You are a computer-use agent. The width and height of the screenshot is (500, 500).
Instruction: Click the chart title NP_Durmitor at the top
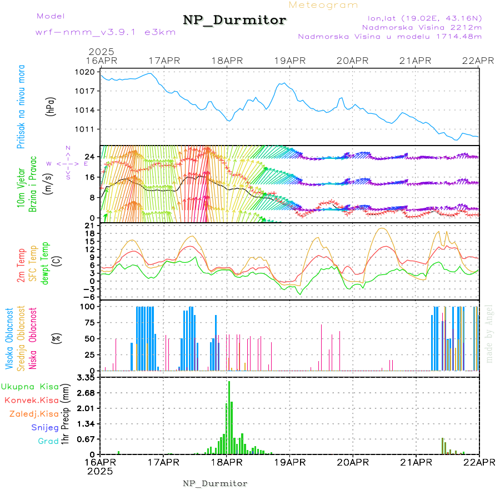(234, 21)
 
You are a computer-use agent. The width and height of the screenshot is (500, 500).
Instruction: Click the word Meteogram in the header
(324, 5)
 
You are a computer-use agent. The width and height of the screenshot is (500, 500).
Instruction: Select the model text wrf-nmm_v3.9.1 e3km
(106, 32)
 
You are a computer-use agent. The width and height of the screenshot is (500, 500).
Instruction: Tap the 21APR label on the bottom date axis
(416, 462)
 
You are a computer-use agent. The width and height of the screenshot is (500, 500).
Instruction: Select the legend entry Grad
(48, 441)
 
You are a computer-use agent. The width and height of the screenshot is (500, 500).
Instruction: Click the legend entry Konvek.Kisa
(31, 400)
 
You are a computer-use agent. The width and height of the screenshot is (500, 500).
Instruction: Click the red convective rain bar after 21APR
(442, 446)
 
